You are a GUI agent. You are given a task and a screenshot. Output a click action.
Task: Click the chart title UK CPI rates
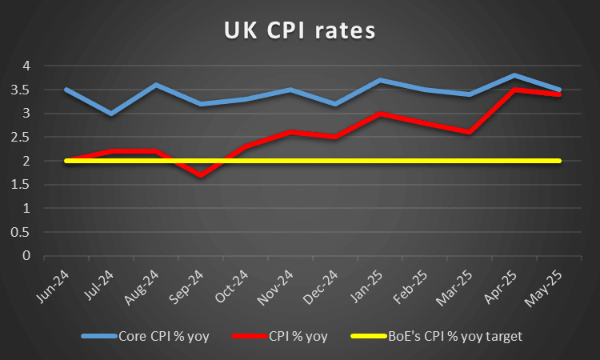pyautogui.click(x=298, y=32)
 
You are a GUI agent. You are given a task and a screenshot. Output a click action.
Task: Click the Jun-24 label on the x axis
pyautogui.click(x=52, y=286)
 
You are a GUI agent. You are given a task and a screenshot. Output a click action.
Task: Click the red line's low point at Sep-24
pyautogui.click(x=200, y=175)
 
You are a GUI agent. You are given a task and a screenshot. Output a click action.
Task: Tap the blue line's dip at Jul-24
pyautogui.click(x=110, y=114)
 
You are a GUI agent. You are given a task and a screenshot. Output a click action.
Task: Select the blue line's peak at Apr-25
pyautogui.click(x=514, y=75)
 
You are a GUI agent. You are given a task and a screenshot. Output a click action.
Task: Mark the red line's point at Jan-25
pyautogui.click(x=379, y=114)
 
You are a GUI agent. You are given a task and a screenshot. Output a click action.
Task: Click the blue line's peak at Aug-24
pyautogui.click(x=155, y=85)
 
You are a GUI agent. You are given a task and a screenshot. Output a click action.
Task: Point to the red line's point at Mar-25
pyautogui.click(x=469, y=132)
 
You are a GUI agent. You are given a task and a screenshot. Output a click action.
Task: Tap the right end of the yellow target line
pyautogui.click(x=558, y=161)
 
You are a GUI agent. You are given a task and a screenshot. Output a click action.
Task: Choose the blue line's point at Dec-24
pyautogui.click(x=334, y=104)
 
